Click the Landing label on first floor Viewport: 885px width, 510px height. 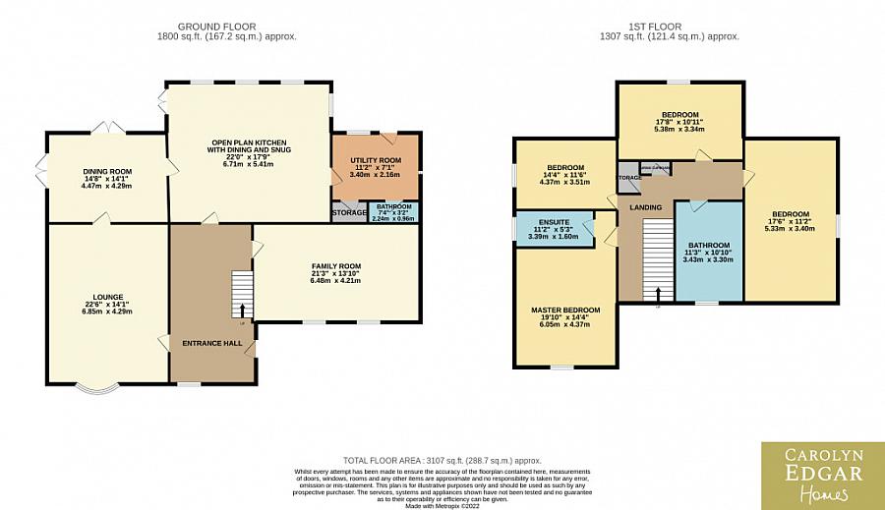click(646, 206)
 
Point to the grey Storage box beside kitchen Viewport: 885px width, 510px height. click(348, 211)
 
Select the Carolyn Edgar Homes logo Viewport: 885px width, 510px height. click(821, 476)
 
